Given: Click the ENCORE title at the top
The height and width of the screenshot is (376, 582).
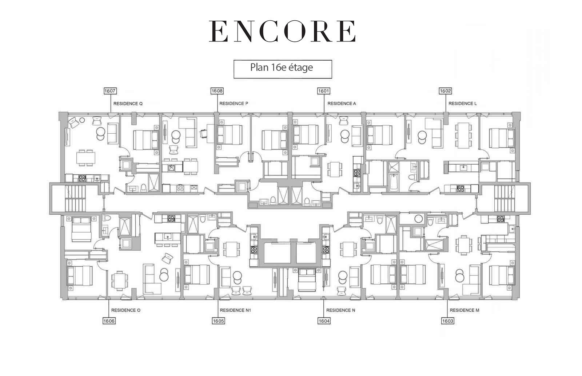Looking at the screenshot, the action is tap(282, 31).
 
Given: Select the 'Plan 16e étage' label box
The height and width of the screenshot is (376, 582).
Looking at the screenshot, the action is tap(283, 69).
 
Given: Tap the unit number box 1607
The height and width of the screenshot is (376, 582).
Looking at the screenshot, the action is tap(110, 91).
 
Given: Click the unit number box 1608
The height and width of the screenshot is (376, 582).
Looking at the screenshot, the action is tap(217, 91).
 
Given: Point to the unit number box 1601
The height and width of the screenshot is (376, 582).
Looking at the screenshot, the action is tap(324, 91).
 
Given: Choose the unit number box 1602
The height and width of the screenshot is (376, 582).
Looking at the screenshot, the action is tap(445, 91).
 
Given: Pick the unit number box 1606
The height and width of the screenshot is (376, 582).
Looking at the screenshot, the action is tap(109, 321).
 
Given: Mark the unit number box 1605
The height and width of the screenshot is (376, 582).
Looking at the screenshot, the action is tap(218, 321).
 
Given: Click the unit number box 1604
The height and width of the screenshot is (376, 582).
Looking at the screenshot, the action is tap(324, 321).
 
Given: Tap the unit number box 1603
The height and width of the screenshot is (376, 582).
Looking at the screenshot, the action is tap(448, 321).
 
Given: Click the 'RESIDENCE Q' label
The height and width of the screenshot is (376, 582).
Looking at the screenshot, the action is tap(128, 104).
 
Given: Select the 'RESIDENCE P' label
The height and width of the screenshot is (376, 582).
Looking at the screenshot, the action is tap(234, 103).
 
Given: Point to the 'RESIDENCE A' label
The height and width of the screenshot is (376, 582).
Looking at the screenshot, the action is tap(342, 103).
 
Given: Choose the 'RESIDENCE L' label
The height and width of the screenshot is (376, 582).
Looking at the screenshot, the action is tap(462, 103).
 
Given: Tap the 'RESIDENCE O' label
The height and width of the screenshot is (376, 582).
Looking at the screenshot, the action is tap(126, 310).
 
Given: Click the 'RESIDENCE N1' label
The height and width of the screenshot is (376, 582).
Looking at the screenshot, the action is tap(235, 310).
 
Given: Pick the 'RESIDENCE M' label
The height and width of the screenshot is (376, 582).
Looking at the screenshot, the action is tap(465, 310).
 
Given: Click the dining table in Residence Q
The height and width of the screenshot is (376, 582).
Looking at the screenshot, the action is tap(86, 158).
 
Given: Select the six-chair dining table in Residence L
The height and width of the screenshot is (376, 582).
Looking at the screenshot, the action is tap(463, 136).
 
